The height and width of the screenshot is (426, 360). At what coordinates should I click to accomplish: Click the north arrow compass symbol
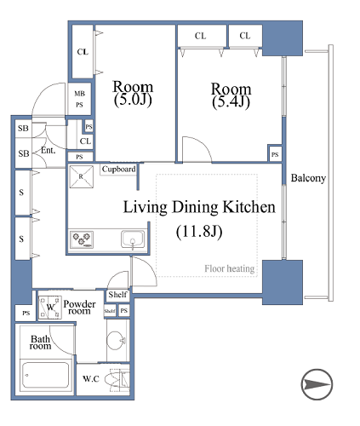click(x=317, y=384)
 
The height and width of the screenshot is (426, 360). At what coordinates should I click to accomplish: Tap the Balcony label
click(x=308, y=178)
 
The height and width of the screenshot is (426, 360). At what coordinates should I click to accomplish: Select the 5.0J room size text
click(x=133, y=100)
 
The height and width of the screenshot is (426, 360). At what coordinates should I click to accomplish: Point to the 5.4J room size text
click(x=231, y=101)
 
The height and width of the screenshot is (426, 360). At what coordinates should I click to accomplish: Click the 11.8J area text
click(x=199, y=232)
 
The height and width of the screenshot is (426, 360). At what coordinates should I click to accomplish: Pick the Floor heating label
click(x=229, y=268)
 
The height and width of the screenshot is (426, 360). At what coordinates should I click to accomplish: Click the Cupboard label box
click(x=118, y=170)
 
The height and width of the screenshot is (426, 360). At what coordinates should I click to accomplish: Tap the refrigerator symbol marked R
click(x=81, y=176)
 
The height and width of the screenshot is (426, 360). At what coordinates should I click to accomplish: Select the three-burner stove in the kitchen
click(x=82, y=239)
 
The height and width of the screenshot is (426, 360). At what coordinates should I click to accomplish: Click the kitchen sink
click(x=133, y=239)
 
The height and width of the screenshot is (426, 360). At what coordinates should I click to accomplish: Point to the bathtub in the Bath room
click(x=45, y=375)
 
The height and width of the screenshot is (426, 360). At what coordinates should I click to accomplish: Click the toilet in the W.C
click(x=117, y=379)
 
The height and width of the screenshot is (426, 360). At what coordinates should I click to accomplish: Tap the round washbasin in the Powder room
click(x=116, y=340)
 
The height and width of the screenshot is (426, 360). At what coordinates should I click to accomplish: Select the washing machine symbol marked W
click(x=50, y=308)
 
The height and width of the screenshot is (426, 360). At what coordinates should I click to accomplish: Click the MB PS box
click(x=79, y=99)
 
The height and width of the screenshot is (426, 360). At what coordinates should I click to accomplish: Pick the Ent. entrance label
click(x=48, y=150)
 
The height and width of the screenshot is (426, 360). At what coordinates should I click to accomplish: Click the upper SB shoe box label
click(x=23, y=129)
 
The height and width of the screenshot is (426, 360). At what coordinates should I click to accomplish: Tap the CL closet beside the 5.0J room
click(x=83, y=52)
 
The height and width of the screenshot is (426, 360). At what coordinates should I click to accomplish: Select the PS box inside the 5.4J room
click(x=275, y=154)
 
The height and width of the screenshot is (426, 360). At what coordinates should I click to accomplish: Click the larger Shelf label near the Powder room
click(x=117, y=295)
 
